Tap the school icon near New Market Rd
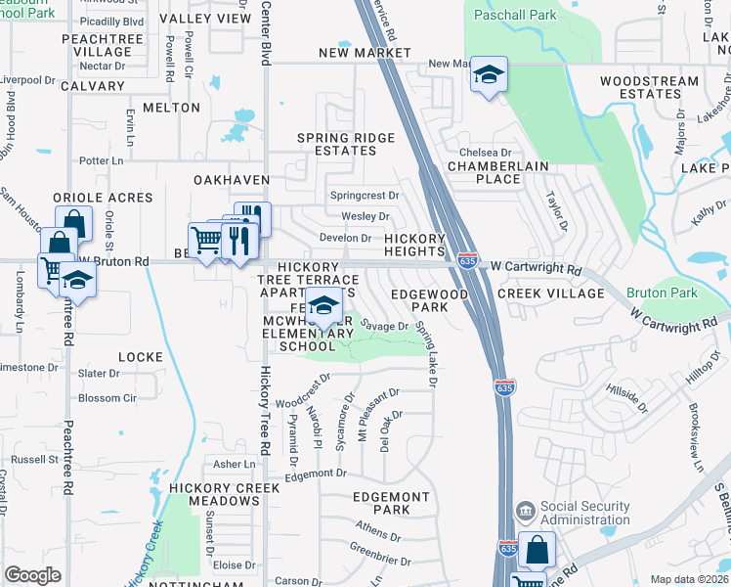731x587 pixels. click(x=489, y=75)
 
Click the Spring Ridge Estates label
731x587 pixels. click(x=337, y=144)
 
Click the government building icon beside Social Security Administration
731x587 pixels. click(x=525, y=511)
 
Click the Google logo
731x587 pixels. click(x=32, y=575)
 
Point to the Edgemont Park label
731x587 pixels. click(x=391, y=504)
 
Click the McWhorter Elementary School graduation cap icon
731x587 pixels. click(x=323, y=306)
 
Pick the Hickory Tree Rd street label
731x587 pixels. click(x=265, y=411)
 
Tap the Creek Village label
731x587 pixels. click(x=550, y=293)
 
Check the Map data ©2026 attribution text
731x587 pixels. click(x=689, y=579)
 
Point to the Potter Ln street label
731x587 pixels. click(x=107, y=160)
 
